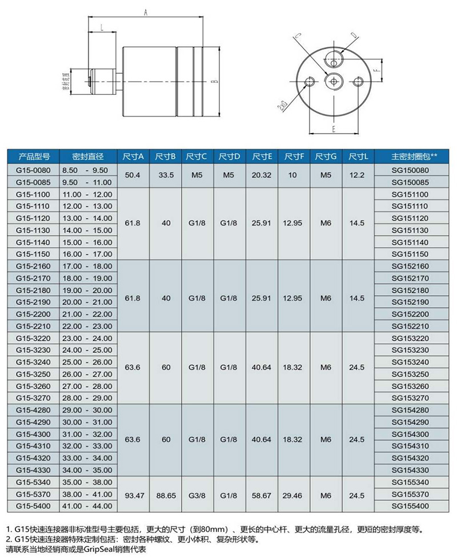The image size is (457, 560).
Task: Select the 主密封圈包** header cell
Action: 414,156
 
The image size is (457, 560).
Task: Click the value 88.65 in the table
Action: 166,494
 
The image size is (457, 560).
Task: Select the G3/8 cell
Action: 197,494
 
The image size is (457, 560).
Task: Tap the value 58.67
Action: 262,494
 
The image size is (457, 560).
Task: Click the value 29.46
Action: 294,494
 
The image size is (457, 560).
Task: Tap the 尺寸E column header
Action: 262,156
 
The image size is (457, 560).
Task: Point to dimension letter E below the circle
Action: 332,130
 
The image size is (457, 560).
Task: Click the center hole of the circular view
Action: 332,81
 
